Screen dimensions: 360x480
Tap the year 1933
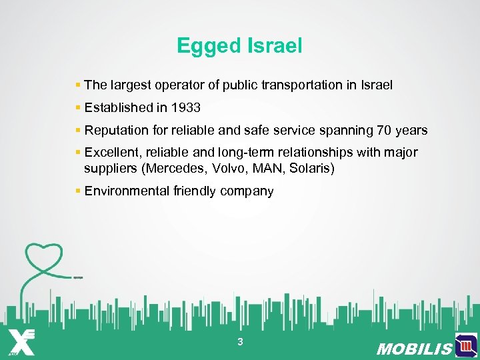[185, 107]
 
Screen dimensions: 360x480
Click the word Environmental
[127, 191]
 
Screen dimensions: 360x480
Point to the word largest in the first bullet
[129, 85]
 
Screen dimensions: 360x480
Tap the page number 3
[240, 342]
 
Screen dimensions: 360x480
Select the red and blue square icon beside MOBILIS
[465, 345]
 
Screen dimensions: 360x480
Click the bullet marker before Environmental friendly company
[78, 191]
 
